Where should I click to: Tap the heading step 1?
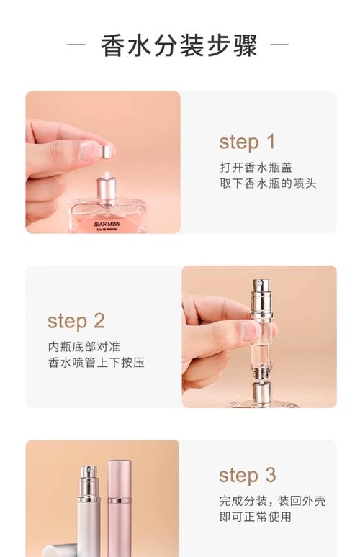(x=247, y=142)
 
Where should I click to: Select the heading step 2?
(x=76, y=320)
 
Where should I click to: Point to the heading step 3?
(x=247, y=475)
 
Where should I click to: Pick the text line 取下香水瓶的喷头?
(x=268, y=184)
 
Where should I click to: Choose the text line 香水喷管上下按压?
(x=96, y=363)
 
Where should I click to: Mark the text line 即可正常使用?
(x=255, y=517)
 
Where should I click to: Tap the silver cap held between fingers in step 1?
(x=106, y=151)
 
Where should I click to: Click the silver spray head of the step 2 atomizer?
(x=258, y=294)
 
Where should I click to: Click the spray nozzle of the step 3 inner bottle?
(x=86, y=479)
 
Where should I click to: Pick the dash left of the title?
(x=76, y=45)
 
